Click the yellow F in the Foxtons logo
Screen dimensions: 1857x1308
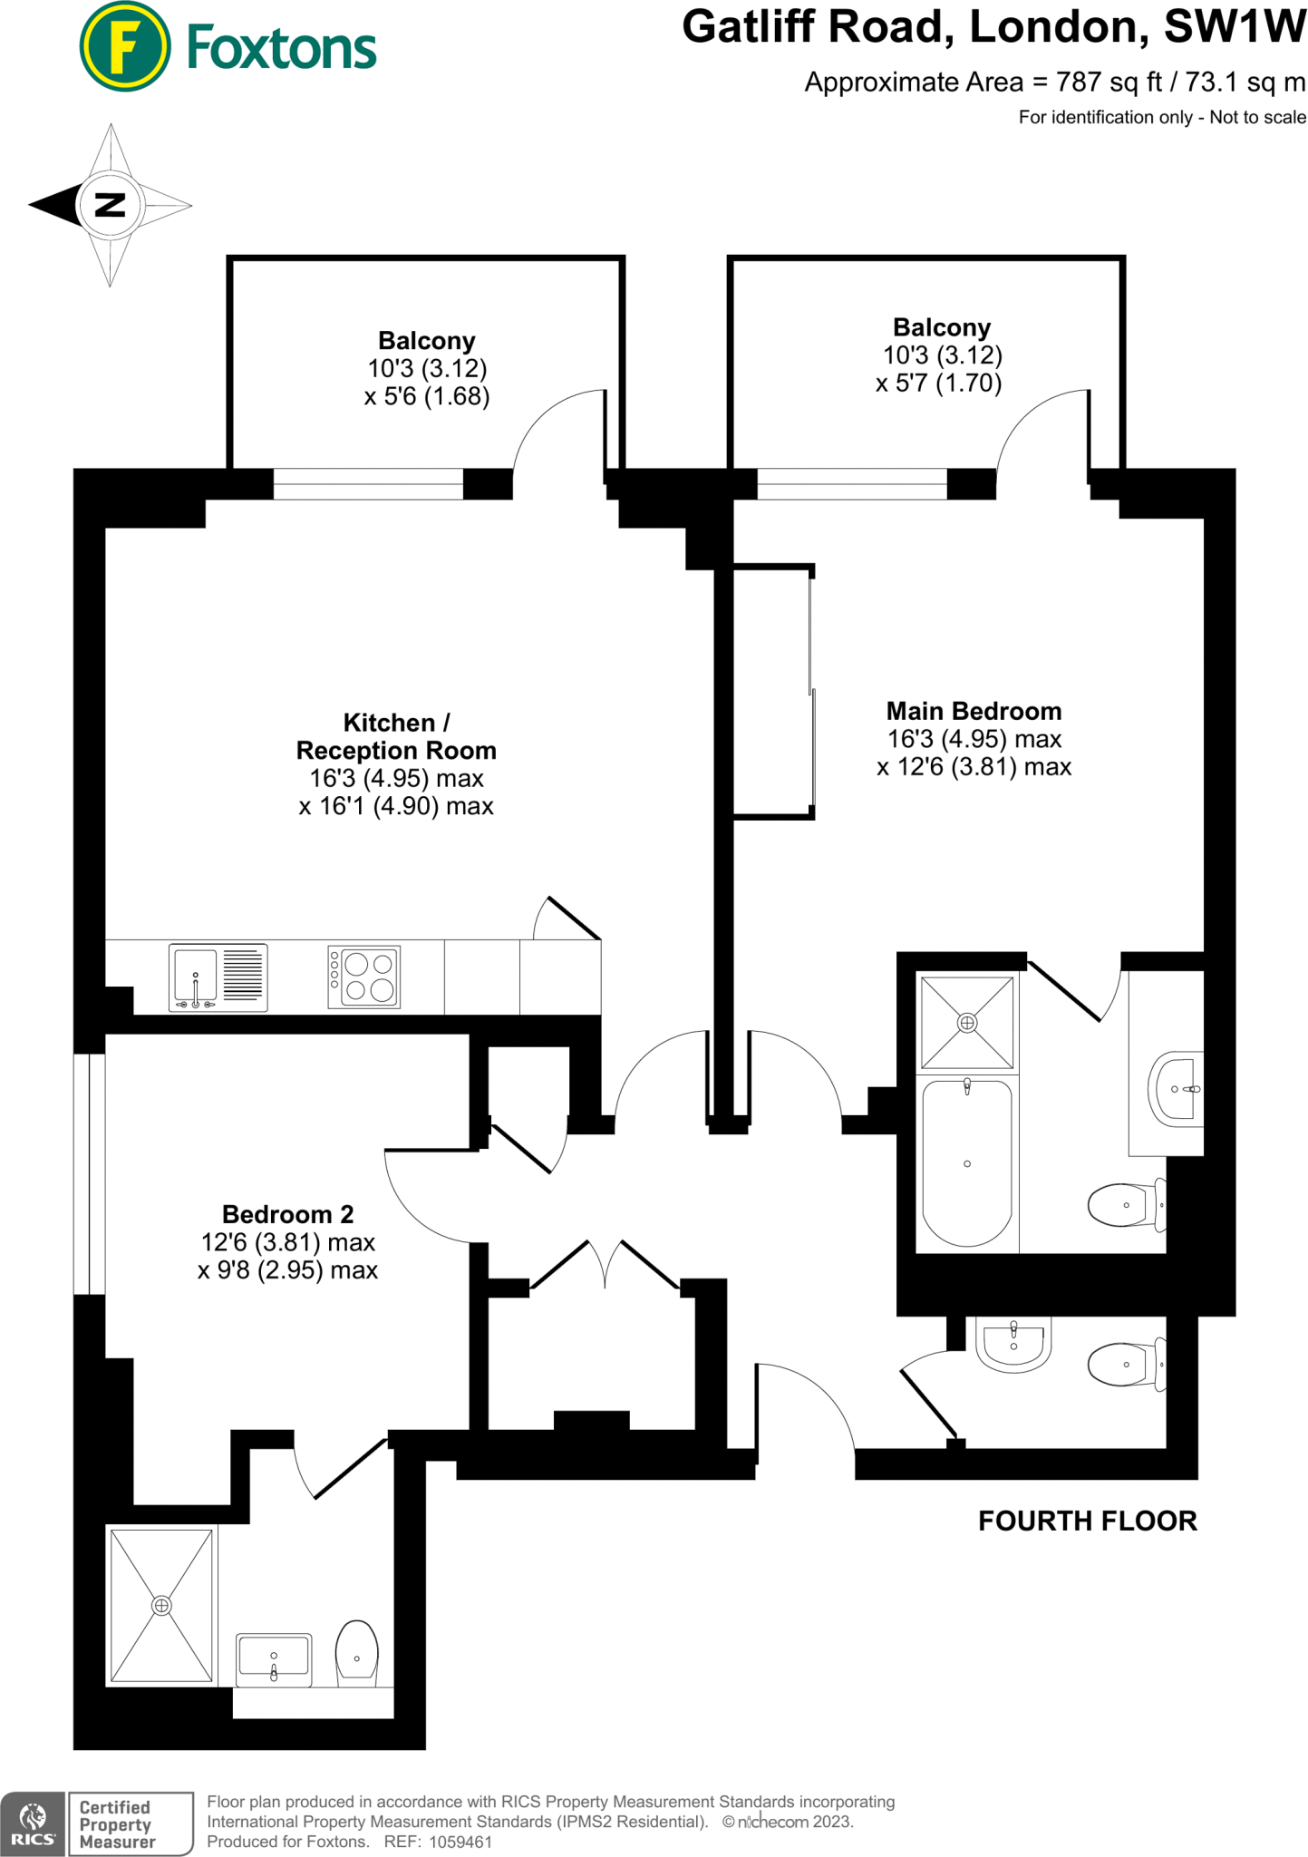click(x=124, y=46)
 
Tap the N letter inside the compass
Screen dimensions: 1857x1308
click(x=110, y=205)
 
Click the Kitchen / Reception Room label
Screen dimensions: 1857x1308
click(x=396, y=736)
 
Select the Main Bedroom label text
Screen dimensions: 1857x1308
click(x=974, y=711)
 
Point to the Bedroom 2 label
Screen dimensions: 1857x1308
click(x=287, y=1214)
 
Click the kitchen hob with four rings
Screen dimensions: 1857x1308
click(x=364, y=977)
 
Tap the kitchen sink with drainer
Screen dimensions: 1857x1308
click(x=218, y=977)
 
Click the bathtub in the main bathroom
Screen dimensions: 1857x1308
click(x=966, y=1163)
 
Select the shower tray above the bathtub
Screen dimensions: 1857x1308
click(x=967, y=1023)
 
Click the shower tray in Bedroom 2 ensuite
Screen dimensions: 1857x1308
click(x=161, y=1606)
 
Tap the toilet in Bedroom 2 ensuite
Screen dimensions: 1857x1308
click(x=357, y=1654)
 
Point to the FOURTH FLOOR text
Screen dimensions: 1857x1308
click(x=1087, y=1521)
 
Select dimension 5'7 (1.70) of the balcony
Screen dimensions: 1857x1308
click(x=939, y=383)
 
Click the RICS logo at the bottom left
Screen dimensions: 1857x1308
click(x=33, y=1823)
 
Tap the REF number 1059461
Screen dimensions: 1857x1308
click(x=460, y=1842)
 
